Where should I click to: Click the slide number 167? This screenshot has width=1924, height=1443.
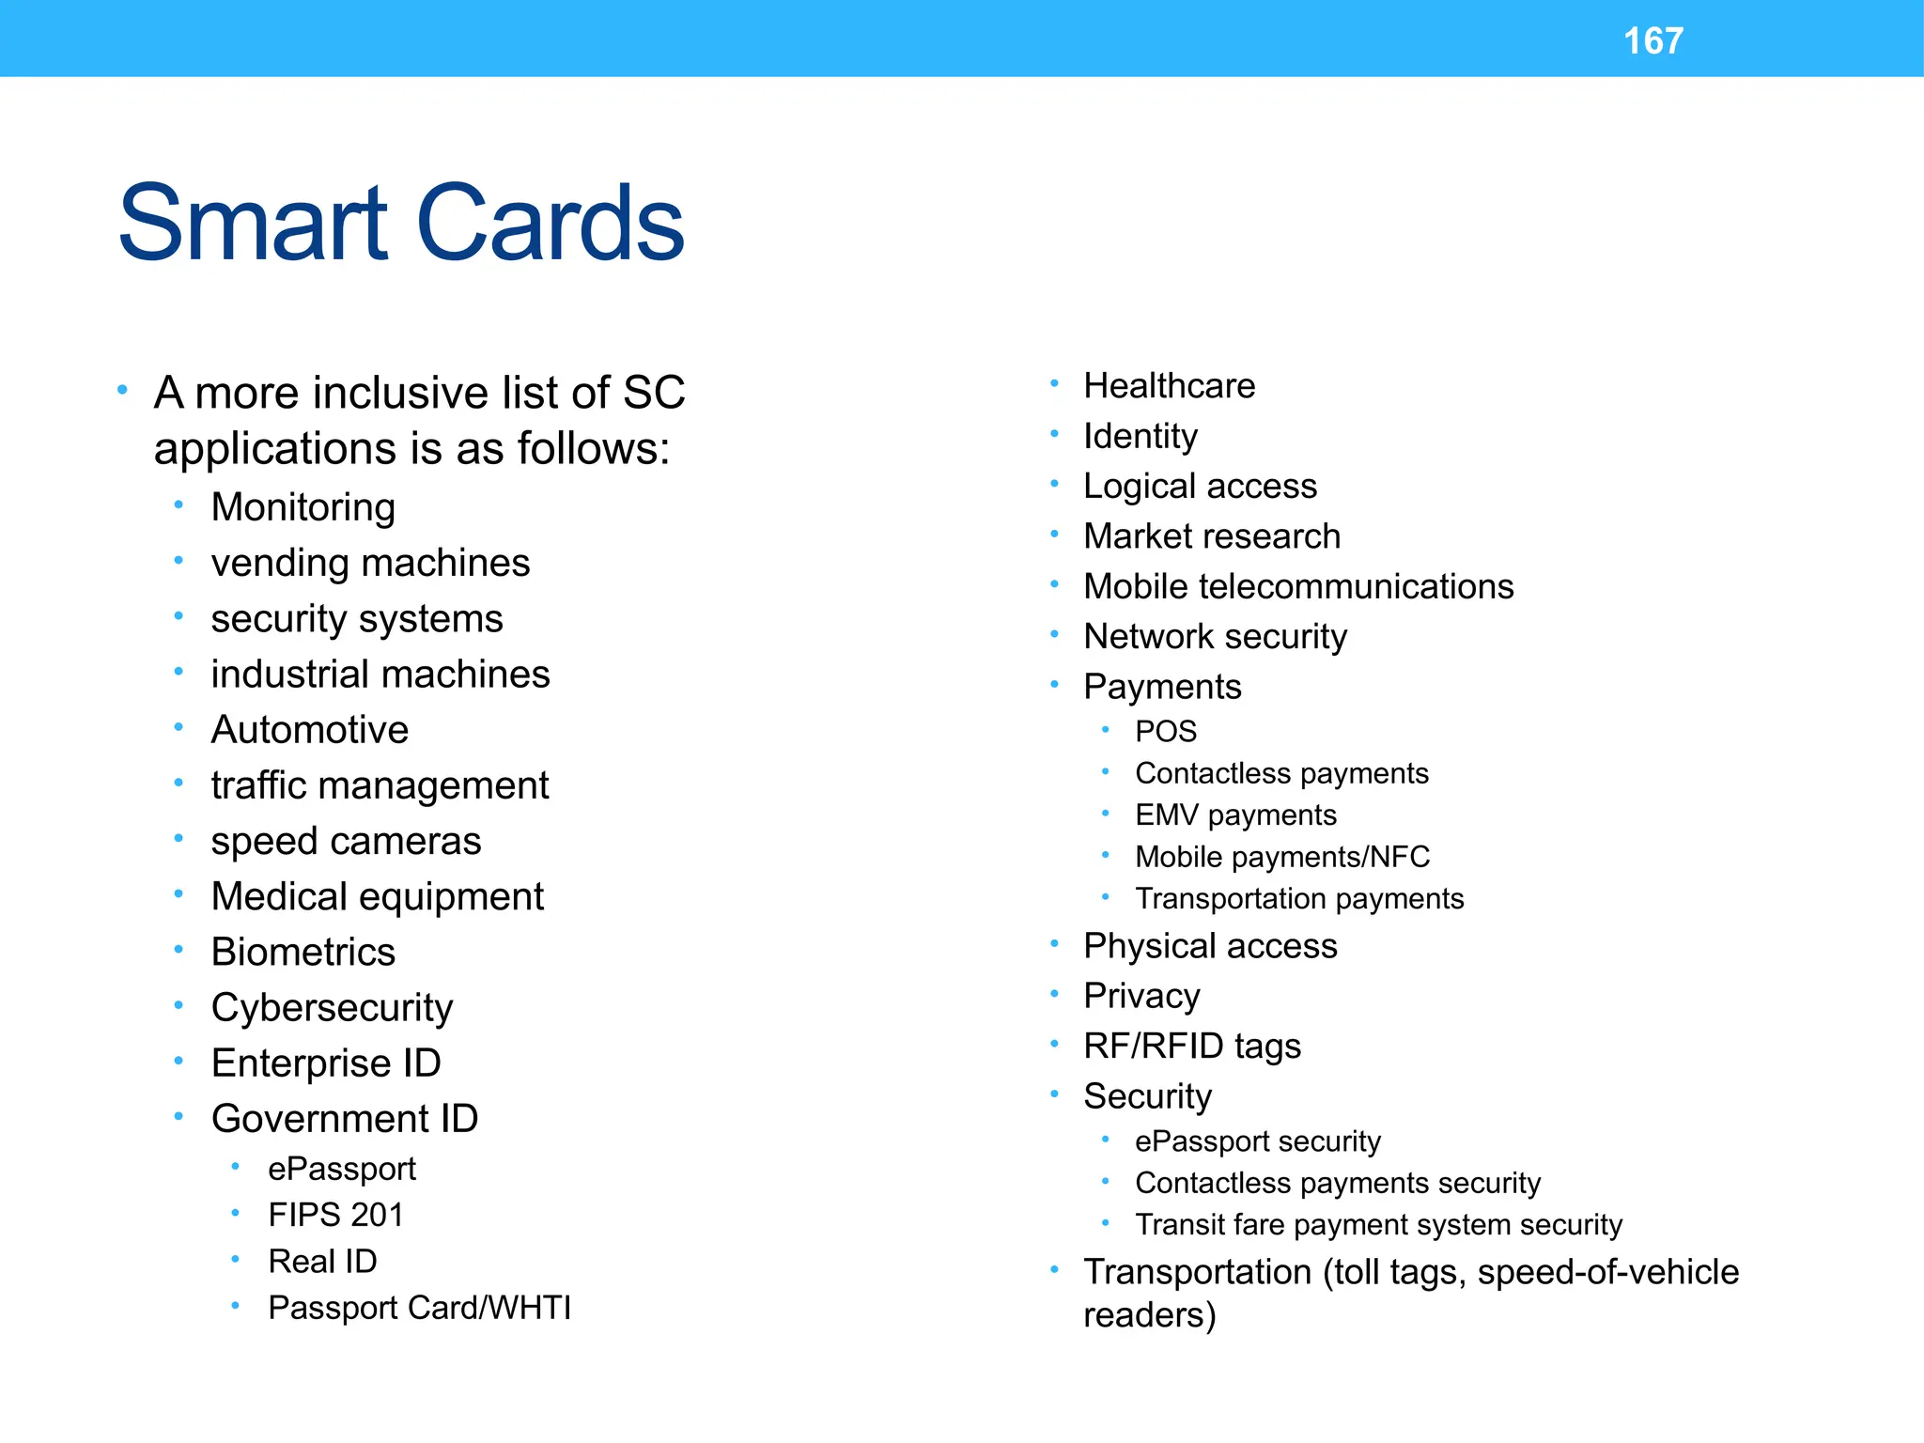click(1652, 41)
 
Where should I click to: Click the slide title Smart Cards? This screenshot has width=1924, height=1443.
click(401, 224)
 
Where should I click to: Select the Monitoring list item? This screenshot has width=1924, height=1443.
click(303, 507)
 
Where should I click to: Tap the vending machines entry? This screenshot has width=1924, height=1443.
click(370, 564)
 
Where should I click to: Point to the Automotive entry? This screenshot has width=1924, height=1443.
click(309, 730)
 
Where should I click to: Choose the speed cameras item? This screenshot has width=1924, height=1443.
click(346, 841)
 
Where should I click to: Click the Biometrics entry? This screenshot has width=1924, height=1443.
click(303, 952)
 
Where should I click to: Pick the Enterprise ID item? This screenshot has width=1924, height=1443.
click(325, 1063)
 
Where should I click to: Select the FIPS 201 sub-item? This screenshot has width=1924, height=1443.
click(335, 1215)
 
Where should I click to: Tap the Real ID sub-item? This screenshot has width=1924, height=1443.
click(322, 1261)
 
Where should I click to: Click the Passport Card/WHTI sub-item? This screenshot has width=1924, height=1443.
click(419, 1308)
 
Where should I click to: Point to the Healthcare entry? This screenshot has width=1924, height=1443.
click(1169, 386)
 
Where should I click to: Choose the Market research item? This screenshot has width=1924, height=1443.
click(1212, 536)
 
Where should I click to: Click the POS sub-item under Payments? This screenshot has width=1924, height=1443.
click(1166, 732)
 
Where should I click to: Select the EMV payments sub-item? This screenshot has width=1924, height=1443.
click(1235, 815)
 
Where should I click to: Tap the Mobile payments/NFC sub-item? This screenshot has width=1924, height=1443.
click(1281, 857)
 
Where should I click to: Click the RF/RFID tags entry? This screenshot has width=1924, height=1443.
click(1191, 1047)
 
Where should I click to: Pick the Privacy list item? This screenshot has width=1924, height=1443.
click(1141, 996)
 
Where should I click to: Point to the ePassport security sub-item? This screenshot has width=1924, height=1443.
click(1257, 1141)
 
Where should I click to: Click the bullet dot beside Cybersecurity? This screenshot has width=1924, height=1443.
click(178, 1006)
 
